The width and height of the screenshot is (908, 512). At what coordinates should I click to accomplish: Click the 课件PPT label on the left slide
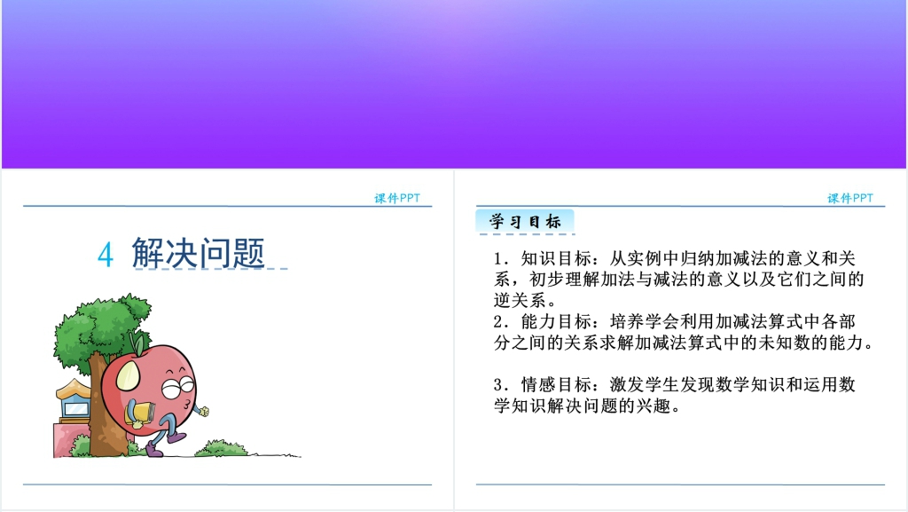click(x=397, y=198)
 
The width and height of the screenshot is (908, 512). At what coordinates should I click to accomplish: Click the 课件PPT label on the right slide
click(x=850, y=198)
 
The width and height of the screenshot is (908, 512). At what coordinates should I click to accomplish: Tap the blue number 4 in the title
click(x=106, y=255)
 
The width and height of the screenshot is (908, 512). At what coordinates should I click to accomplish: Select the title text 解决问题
click(x=198, y=253)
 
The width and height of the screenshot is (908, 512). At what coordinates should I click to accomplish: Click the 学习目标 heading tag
click(x=525, y=221)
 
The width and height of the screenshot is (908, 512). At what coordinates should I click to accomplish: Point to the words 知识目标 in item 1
click(x=556, y=258)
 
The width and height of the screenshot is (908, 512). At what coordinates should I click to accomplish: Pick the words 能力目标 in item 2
click(x=556, y=321)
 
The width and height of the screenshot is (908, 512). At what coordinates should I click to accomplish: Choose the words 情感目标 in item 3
click(x=556, y=384)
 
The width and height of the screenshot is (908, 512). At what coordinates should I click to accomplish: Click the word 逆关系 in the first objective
click(x=520, y=301)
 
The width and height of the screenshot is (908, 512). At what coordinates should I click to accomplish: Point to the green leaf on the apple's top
click(x=138, y=343)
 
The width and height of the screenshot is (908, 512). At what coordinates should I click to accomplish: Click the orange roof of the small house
click(x=73, y=389)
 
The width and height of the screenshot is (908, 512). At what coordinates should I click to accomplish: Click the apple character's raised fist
click(x=203, y=411)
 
